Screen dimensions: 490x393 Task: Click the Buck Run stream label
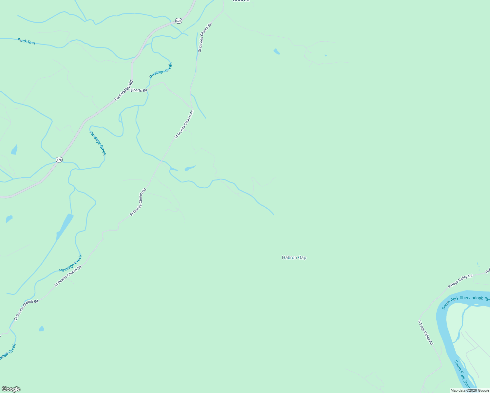point(26,42)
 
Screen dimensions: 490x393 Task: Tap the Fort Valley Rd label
point(124,90)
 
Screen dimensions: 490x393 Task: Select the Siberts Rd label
point(139,90)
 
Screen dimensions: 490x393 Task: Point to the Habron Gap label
point(294,258)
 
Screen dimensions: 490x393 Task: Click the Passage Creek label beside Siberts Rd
point(161,70)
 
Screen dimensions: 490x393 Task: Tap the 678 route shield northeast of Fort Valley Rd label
point(178,21)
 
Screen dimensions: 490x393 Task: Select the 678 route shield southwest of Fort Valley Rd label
point(59,160)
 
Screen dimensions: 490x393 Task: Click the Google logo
point(11,389)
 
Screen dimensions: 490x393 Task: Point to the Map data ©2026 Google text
point(470,390)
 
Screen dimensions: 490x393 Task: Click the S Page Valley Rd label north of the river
point(460,281)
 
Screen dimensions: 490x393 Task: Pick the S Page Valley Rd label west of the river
point(425,332)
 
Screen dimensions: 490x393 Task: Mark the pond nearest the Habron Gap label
point(190,168)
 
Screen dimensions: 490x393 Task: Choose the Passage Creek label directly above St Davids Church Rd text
point(70,264)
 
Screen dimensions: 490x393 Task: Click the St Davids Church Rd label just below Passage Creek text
point(68,276)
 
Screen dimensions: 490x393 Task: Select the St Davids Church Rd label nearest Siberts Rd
point(184,124)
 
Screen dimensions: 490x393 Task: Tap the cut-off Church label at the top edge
point(241,1)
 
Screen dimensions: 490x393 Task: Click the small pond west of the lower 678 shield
point(14,150)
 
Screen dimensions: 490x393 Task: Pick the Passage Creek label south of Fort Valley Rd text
point(98,143)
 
